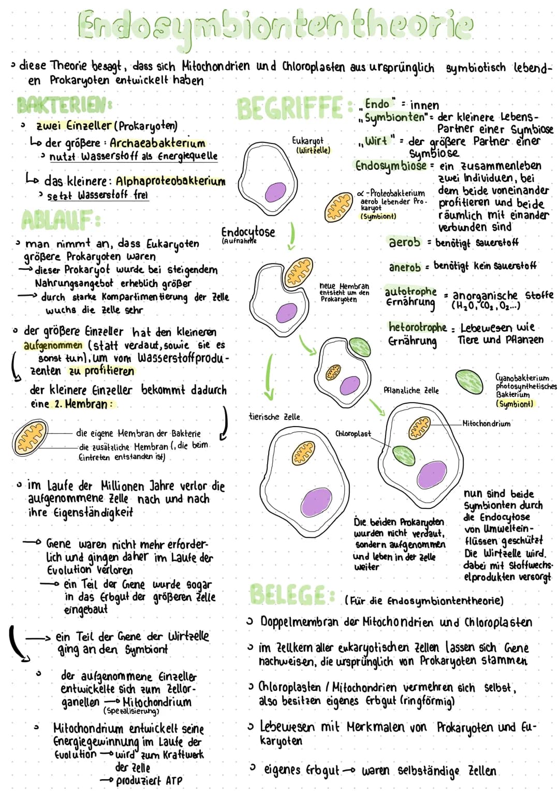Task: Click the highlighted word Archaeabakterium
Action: pyautogui.click(x=157, y=143)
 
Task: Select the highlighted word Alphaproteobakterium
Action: pyautogui.click(x=170, y=181)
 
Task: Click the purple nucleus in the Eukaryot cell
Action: pyautogui.click(x=275, y=193)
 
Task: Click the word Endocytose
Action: pyautogui.click(x=248, y=231)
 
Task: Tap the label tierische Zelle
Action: pyautogui.click(x=274, y=417)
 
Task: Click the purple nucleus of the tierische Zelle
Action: pyautogui.click(x=316, y=502)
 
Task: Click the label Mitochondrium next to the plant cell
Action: pyautogui.click(x=486, y=423)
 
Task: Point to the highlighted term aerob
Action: pyautogui.click(x=404, y=242)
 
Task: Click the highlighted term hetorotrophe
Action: pyautogui.click(x=417, y=327)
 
